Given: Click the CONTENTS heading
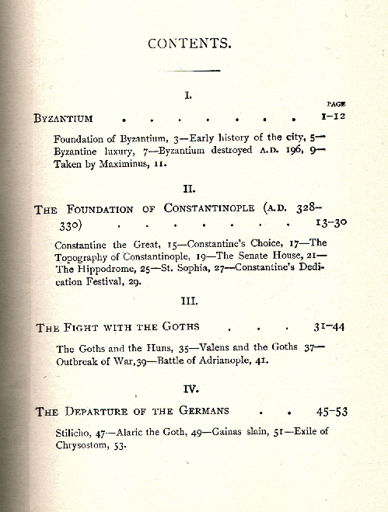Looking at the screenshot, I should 190,44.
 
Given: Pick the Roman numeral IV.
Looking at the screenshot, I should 189,388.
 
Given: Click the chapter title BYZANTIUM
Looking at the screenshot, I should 64,118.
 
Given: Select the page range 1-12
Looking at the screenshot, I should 334,117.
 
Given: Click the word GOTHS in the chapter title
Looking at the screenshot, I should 177,327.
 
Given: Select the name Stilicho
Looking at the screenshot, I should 77,433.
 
